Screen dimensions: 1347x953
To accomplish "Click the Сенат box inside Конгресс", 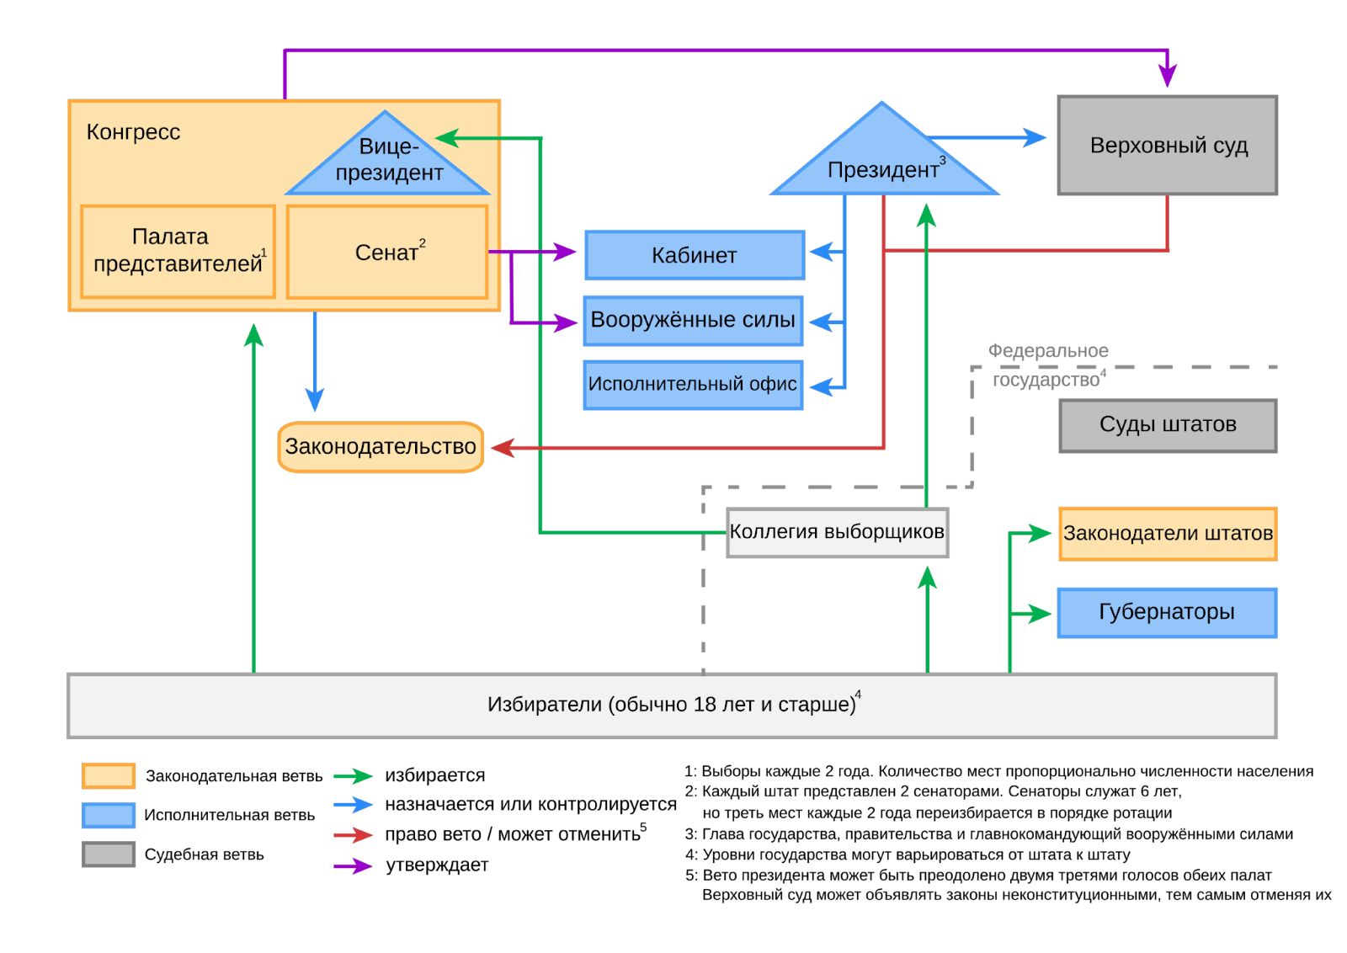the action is pyautogui.click(x=386, y=252).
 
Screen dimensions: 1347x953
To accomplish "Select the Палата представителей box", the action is pyautogui.click(x=178, y=252).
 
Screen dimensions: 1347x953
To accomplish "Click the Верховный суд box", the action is pyautogui.click(x=1167, y=145).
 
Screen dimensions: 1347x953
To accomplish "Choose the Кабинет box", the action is pyautogui.click(x=695, y=255).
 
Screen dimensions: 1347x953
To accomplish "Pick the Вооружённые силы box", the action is pyautogui.click(x=693, y=321).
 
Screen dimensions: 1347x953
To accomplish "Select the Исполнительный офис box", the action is pyautogui.click(x=693, y=385).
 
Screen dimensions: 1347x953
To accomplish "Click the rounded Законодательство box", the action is pyautogui.click(x=381, y=447).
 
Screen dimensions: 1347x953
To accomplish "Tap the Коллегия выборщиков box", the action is pyautogui.click(x=837, y=532).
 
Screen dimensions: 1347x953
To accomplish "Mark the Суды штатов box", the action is pyautogui.click(x=1168, y=425).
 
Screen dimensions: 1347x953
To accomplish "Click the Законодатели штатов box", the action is pyautogui.click(x=1168, y=534).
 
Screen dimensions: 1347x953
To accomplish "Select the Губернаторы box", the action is pyautogui.click(x=1167, y=613).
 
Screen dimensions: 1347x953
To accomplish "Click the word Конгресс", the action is pyautogui.click(x=133, y=131).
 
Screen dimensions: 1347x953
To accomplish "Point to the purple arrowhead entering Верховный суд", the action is pyautogui.click(x=1167, y=77).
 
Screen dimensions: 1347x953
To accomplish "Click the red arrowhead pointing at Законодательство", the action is pyautogui.click(x=503, y=448).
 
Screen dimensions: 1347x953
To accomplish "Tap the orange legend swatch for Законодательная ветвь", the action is pyautogui.click(x=109, y=775).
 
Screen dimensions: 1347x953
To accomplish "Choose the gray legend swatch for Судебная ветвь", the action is pyautogui.click(x=109, y=855).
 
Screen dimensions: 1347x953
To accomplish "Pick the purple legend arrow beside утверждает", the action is pyautogui.click(x=354, y=865).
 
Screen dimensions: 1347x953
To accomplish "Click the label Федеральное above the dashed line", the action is pyautogui.click(x=1048, y=350).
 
